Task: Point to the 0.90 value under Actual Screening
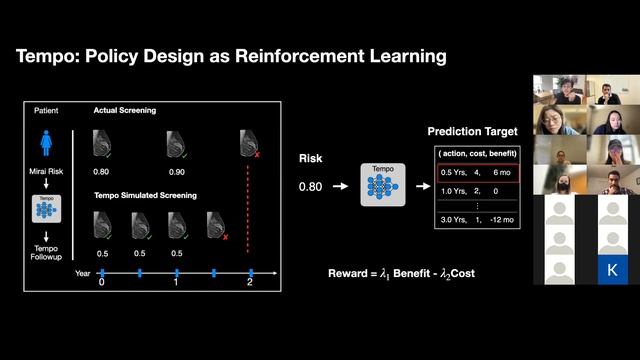(177, 171)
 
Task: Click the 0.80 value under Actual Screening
(102, 171)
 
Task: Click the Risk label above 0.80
(311, 159)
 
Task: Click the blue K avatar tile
(612, 268)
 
